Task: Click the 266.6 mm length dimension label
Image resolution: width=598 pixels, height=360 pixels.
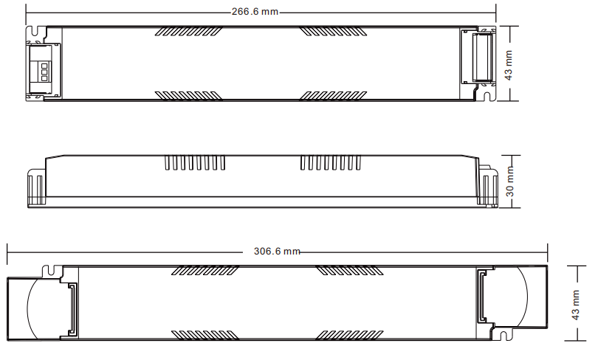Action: point(255,11)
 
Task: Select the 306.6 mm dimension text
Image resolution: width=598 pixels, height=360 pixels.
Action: point(277,252)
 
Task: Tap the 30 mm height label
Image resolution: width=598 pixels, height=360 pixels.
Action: point(509,181)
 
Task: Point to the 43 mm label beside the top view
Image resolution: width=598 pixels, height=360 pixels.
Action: point(509,65)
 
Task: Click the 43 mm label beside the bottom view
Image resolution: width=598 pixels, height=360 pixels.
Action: point(576,305)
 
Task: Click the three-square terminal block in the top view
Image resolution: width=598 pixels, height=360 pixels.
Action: point(44,72)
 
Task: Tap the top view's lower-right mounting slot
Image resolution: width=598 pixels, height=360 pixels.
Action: point(487,97)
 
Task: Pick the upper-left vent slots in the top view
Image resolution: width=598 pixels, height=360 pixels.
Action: point(188,31)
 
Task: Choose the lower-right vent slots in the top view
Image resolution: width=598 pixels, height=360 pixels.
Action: point(333,95)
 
